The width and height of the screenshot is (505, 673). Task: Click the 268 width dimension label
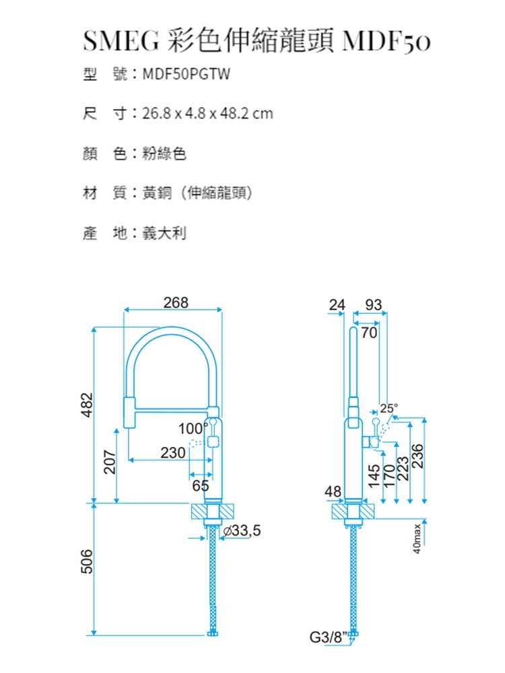[176, 303]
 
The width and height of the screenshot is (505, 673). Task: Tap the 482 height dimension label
[87, 404]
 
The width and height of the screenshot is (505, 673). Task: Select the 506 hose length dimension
[87, 561]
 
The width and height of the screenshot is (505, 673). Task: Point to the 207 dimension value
[110, 462]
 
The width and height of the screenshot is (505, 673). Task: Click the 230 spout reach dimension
[173, 452]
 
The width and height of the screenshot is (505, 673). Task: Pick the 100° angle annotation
[193, 428]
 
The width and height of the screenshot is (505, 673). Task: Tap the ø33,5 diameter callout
[242, 531]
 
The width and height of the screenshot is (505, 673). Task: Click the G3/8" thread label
[327, 637]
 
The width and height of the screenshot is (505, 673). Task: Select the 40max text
[417, 538]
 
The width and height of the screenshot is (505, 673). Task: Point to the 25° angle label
[389, 409]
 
